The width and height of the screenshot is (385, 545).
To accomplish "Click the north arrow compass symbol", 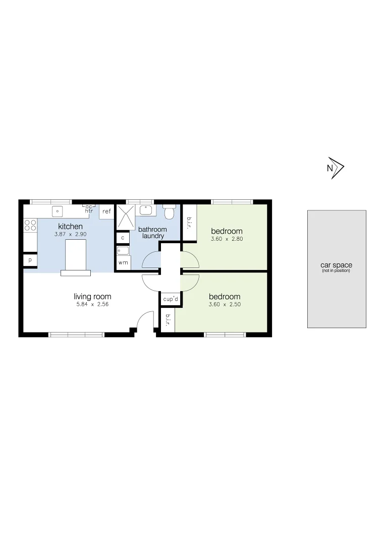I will [x=335, y=168].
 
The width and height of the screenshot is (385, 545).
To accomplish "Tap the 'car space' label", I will [x=336, y=265].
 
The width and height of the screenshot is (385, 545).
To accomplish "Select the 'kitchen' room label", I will [x=71, y=227].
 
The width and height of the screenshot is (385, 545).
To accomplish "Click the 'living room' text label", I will [x=92, y=297].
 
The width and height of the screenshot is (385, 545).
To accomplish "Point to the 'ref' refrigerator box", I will [x=106, y=211].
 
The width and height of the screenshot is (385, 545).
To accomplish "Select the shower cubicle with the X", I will [x=126, y=216].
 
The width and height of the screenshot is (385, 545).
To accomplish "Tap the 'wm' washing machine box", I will [x=123, y=263].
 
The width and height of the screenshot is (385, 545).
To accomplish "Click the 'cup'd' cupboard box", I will [x=171, y=299].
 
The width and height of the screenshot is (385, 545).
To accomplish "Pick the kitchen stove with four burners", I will [x=30, y=225].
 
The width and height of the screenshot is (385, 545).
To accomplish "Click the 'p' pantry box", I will [x=30, y=260].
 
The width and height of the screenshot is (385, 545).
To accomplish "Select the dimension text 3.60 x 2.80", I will [x=227, y=239].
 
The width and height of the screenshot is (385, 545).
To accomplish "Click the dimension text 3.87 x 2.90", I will [x=70, y=235].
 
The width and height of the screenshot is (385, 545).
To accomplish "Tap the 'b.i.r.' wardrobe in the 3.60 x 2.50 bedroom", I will [x=167, y=319].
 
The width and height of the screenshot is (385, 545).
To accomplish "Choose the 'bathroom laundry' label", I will [x=152, y=233].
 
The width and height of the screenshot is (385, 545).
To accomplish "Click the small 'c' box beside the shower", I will [x=123, y=237].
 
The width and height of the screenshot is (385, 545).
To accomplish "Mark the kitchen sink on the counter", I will [x=58, y=210].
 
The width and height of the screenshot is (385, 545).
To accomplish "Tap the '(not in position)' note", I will [x=336, y=271].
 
